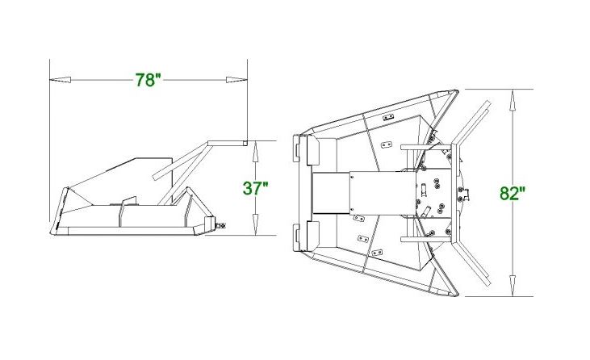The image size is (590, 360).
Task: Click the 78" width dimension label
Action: point(149,80)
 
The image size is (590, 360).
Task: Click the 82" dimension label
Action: point(513,194)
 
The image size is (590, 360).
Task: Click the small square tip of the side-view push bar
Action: point(245,143)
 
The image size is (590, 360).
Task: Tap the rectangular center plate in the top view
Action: point(331,194)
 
